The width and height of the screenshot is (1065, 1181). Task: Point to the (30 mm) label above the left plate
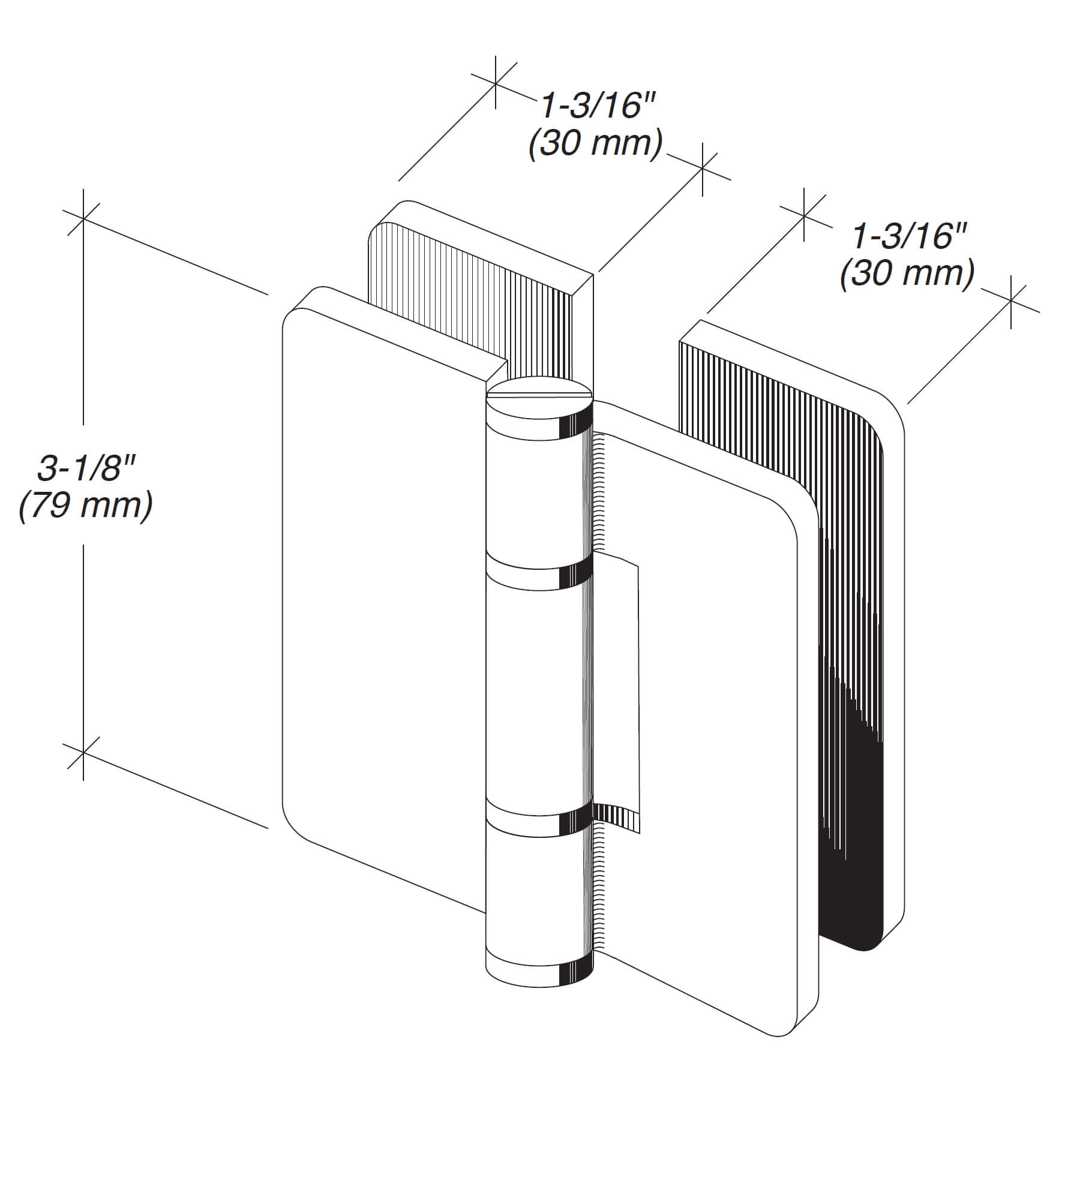(596, 144)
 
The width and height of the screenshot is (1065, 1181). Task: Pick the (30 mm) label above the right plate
(907, 274)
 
